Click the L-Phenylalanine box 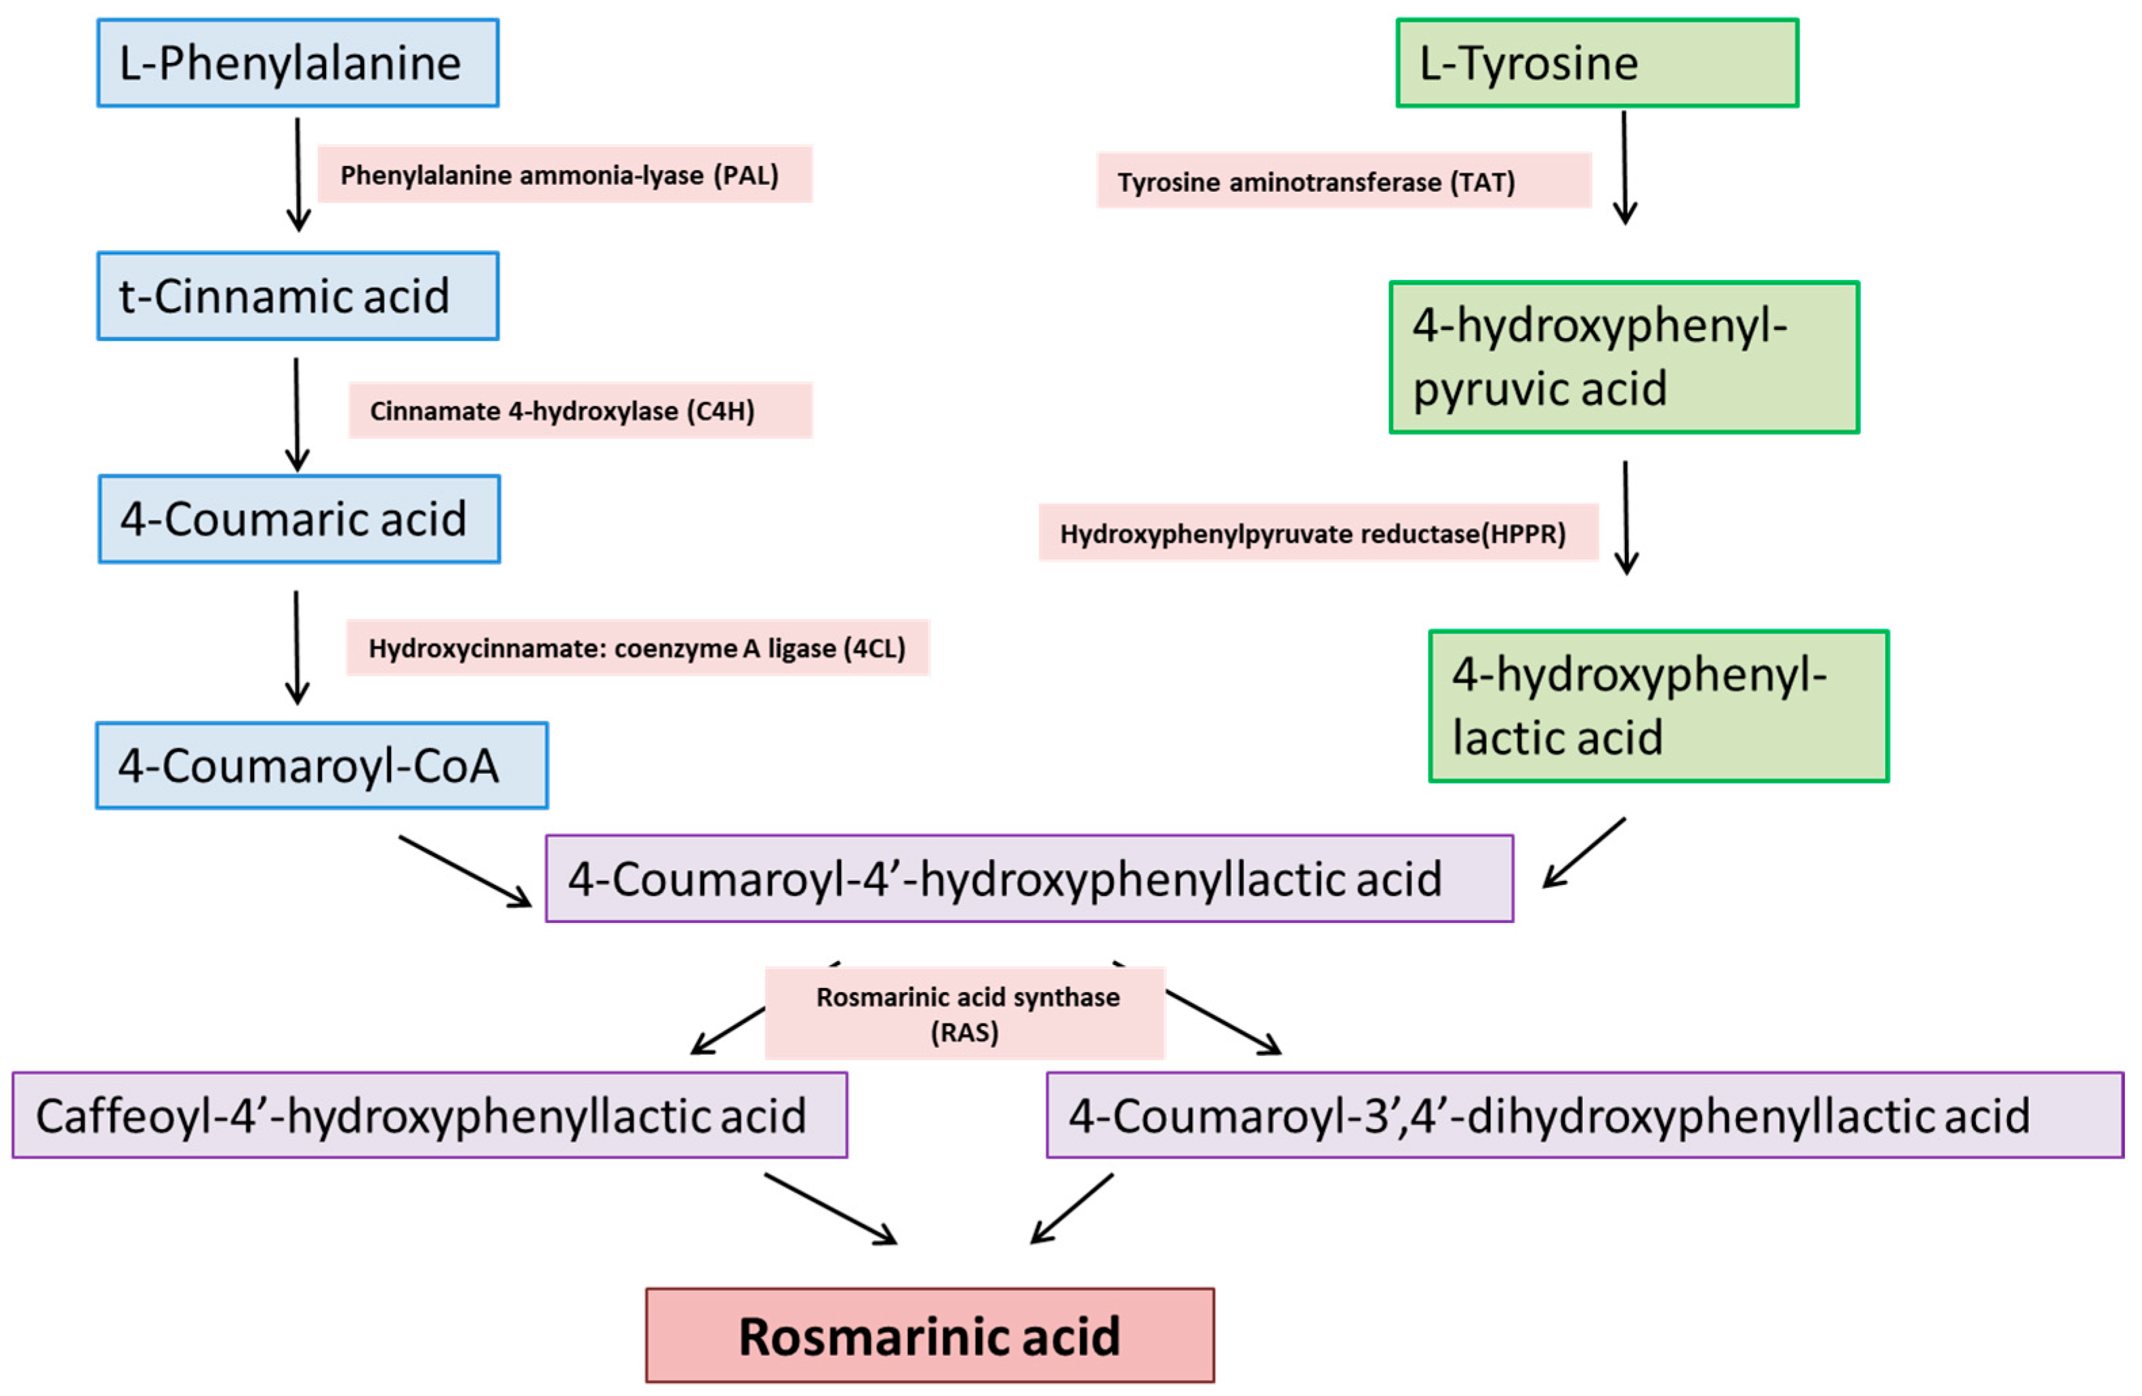(x=298, y=63)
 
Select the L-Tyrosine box (x=1597, y=63)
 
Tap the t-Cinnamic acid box (x=298, y=296)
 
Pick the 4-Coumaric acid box (x=299, y=519)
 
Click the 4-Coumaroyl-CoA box (x=321, y=766)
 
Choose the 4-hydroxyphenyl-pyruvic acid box (x=1624, y=357)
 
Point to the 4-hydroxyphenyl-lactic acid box (x=1657, y=707)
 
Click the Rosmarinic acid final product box (x=930, y=1336)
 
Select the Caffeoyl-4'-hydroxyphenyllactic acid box (x=430, y=1115)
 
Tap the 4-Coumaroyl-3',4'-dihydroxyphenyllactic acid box (x=1584, y=1115)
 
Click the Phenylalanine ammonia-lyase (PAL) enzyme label (x=564, y=175)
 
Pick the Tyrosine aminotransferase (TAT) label (x=1343, y=182)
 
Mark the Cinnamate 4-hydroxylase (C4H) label (x=579, y=411)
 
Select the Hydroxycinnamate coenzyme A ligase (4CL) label (x=637, y=648)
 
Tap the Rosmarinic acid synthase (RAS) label (x=965, y=1014)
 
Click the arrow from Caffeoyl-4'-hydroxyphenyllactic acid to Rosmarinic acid (x=830, y=1209)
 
